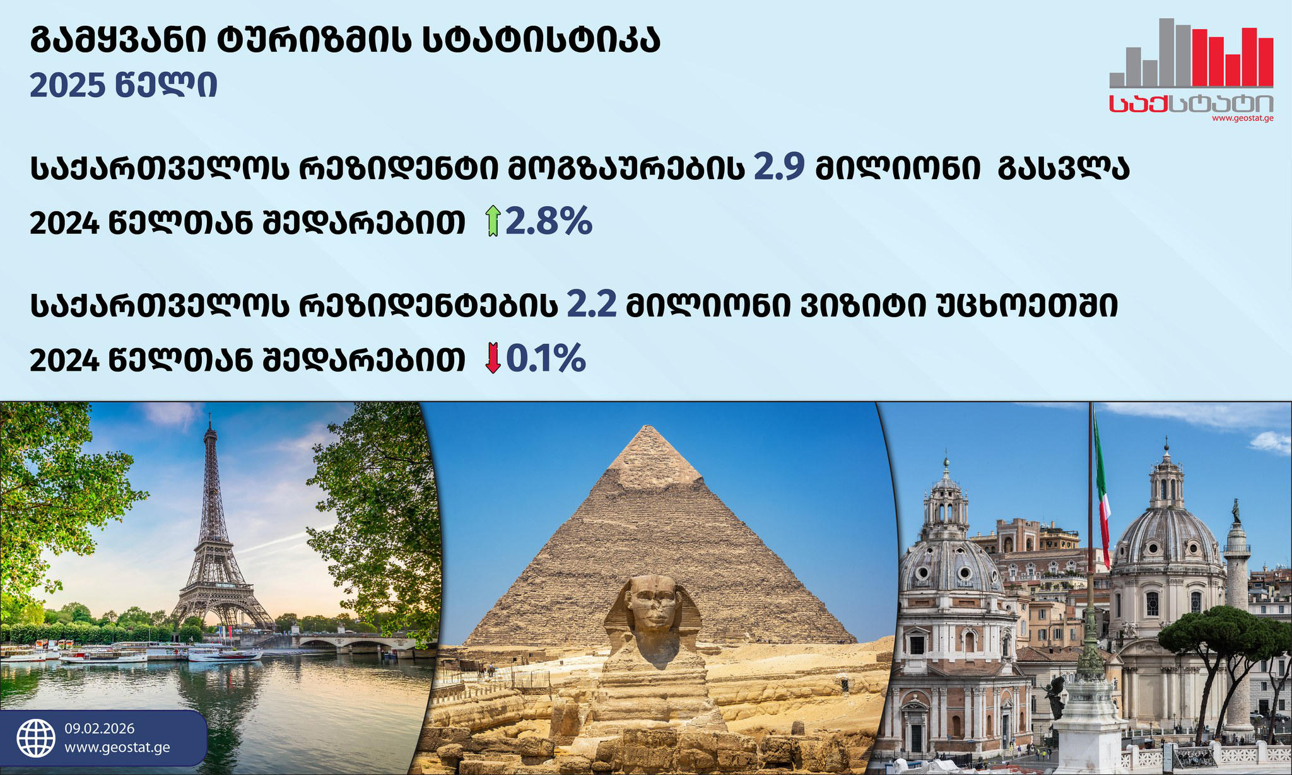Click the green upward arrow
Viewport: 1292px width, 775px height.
click(x=493, y=222)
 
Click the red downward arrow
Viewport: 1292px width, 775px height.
click(x=493, y=358)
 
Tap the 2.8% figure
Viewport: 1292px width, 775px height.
click(x=549, y=221)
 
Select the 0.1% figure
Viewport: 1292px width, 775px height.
click(x=546, y=358)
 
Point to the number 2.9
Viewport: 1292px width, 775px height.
click(x=779, y=168)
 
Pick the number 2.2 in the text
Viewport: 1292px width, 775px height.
click(x=592, y=304)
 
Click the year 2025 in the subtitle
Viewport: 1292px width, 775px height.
click(x=67, y=86)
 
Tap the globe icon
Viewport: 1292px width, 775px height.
click(x=36, y=738)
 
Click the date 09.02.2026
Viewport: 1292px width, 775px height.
click(x=100, y=728)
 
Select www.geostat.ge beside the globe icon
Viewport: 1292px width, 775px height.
click(x=117, y=748)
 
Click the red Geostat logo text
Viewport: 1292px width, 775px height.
click(x=1191, y=105)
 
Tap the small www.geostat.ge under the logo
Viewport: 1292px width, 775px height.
click(x=1242, y=118)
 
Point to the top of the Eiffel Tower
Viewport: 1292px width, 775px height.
click(x=209, y=415)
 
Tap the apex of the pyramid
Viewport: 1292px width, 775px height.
click(x=644, y=426)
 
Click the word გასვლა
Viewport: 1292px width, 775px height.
click(x=1063, y=168)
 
